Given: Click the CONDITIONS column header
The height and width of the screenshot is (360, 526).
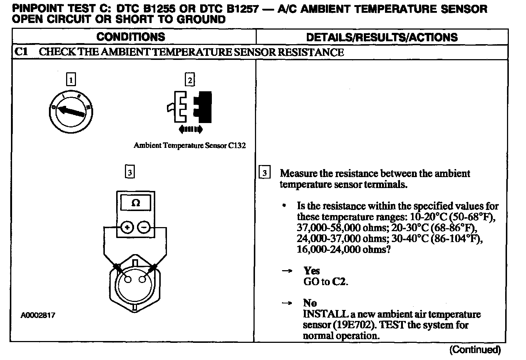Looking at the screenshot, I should (x=131, y=37).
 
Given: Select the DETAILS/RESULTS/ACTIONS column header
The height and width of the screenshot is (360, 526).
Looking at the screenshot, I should (x=382, y=37).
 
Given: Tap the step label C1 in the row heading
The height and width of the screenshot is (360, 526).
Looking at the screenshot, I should (x=21, y=52).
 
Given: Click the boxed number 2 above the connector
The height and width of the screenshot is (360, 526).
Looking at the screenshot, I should (x=190, y=80).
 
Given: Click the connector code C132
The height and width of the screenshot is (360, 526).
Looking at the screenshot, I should (x=237, y=145).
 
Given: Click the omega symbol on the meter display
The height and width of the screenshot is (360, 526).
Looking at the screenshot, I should (x=136, y=203).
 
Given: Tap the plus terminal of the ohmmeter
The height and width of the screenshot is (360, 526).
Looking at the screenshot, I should (x=127, y=228).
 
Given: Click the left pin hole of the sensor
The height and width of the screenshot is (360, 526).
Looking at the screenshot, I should (x=128, y=280).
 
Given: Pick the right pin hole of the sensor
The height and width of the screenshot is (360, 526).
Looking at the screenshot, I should (x=143, y=280).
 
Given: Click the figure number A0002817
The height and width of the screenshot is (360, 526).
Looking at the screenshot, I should (x=38, y=315).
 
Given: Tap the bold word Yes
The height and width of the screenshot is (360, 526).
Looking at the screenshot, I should (x=312, y=271).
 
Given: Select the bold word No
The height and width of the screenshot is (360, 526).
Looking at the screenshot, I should (x=310, y=303).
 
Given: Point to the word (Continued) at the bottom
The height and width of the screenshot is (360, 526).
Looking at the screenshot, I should (x=475, y=350).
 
